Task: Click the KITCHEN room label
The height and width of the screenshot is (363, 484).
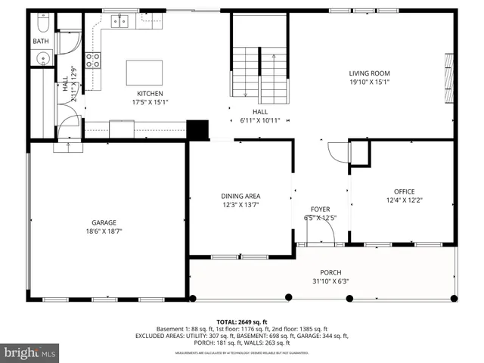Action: point(150,94)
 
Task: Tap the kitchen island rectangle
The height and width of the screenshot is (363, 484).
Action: point(144,73)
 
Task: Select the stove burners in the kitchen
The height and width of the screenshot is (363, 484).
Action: point(94,60)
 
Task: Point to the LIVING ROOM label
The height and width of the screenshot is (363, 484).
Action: point(369,73)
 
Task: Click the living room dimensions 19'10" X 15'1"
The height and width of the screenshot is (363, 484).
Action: point(369,82)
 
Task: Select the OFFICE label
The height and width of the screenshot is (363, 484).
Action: point(404,191)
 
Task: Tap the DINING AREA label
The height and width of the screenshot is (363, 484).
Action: point(240,196)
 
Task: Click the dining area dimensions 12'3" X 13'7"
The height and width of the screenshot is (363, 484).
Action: point(240,205)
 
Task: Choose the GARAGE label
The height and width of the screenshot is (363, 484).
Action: point(104,222)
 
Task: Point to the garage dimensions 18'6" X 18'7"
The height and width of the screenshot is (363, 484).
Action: point(104,231)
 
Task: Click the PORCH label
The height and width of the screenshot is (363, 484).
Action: point(330,272)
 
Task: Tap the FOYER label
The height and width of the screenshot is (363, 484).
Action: point(320,209)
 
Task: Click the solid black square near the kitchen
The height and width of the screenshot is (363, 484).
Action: point(197,129)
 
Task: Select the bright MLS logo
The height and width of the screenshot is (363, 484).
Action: point(30,352)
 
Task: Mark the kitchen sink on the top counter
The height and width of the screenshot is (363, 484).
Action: point(121,22)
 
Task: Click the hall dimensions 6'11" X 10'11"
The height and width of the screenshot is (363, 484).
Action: point(259,120)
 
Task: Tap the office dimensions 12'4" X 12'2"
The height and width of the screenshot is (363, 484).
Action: point(404,200)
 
